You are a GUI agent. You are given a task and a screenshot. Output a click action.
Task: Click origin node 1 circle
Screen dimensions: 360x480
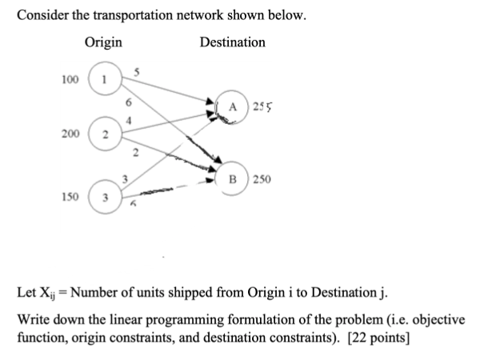point(102,79)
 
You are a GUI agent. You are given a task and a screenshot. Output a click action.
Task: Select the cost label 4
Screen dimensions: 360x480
point(128,119)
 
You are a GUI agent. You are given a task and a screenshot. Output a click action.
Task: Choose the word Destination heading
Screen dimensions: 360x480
point(232,42)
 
